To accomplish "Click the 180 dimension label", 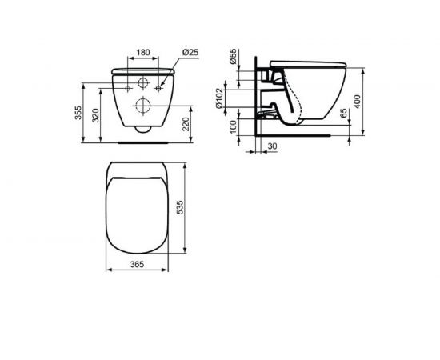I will pos(143,54).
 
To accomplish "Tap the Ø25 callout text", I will pos(190,53).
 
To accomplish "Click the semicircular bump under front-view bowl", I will pos(142,128).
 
